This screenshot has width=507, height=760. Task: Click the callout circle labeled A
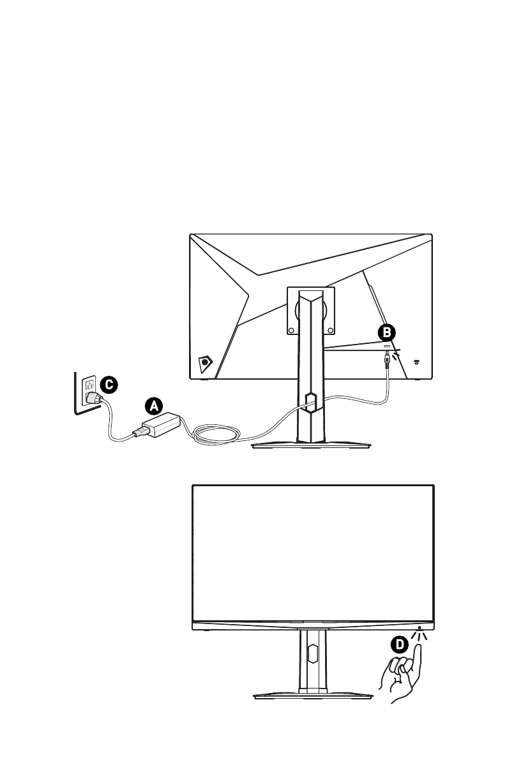click(x=153, y=405)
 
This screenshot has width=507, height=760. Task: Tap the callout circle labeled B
click(x=386, y=332)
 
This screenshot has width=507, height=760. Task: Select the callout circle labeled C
click(x=109, y=384)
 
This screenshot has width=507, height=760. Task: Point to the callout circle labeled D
click(x=398, y=645)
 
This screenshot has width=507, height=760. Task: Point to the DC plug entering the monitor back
click(x=386, y=360)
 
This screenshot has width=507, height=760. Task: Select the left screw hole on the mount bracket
click(x=291, y=331)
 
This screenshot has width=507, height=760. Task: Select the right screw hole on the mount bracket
click(x=329, y=331)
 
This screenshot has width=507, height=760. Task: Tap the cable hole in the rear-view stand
click(x=310, y=401)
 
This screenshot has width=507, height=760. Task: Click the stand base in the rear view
click(x=310, y=445)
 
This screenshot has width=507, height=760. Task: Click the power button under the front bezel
click(x=419, y=628)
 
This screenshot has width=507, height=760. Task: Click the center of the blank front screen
click(x=314, y=552)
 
